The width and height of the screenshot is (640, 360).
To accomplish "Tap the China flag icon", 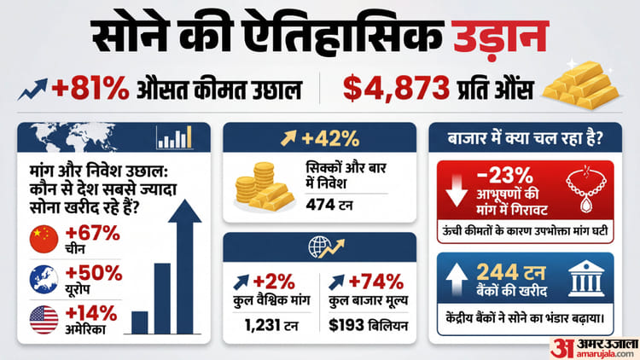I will (44, 238).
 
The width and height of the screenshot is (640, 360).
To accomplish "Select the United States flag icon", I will (44, 319).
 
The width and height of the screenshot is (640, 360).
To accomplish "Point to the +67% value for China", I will (93, 231).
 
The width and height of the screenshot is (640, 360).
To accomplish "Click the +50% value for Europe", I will (93, 273).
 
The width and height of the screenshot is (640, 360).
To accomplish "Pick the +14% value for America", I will (93, 313).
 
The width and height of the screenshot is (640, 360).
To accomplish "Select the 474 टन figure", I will (329, 204).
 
